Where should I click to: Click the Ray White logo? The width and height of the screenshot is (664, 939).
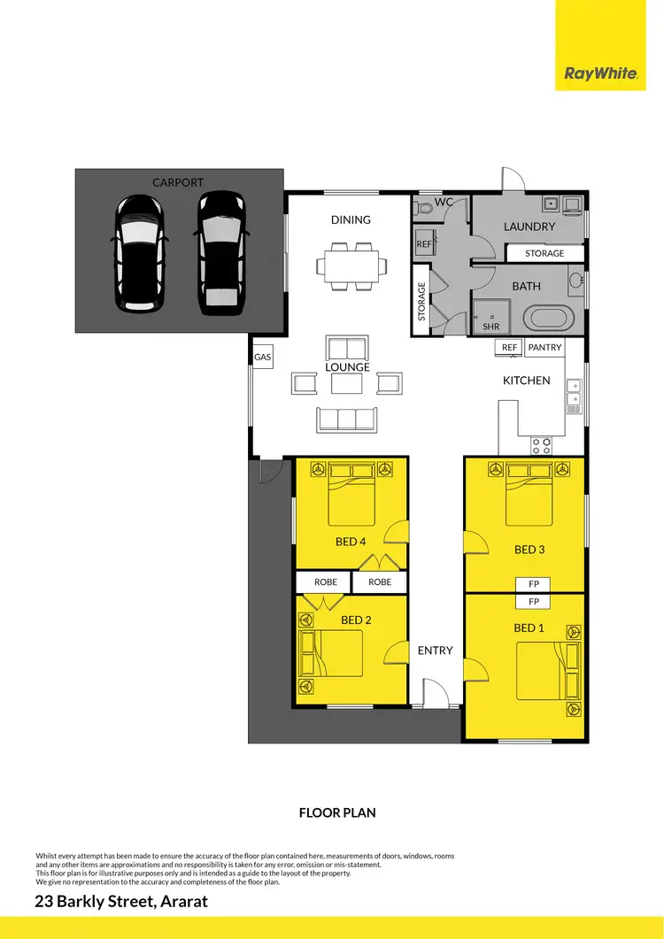[601, 73]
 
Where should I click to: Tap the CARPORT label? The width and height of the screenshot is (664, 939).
[178, 182]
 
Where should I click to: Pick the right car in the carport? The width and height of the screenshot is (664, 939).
[220, 255]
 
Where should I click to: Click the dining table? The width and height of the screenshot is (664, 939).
[351, 265]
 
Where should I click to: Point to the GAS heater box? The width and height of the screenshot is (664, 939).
[262, 358]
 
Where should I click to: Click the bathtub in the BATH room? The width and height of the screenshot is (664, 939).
[545, 317]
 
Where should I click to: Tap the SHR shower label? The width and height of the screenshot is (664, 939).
[491, 326]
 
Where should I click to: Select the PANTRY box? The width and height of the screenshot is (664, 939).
[544, 348]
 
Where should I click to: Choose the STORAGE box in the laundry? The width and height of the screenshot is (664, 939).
[544, 253]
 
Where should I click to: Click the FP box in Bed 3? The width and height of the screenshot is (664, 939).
[534, 584]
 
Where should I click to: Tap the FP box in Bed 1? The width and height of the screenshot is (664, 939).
[534, 602]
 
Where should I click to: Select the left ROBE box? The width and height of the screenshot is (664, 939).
[325, 582]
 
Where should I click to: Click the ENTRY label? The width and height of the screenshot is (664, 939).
[435, 650]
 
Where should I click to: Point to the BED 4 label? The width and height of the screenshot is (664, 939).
[351, 542]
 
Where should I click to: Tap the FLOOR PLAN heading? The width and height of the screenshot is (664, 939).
[337, 812]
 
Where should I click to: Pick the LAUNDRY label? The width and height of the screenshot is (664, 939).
[529, 227]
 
